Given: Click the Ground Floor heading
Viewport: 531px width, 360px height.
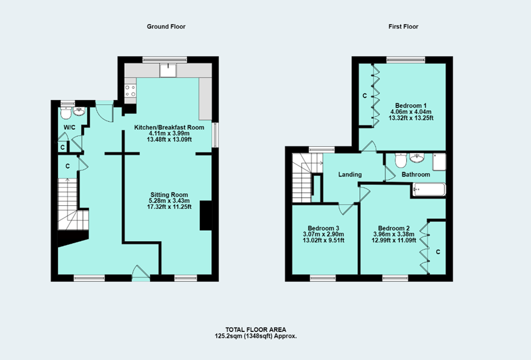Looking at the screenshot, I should [x=166, y=27].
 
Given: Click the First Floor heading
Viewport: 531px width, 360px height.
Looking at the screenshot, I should [x=403, y=27].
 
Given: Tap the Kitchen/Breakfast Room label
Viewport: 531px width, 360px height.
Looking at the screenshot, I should [x=166, y=127].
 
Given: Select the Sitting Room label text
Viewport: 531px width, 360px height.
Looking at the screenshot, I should [x=171, y=194].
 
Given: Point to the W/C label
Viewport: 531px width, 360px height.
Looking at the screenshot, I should [x=69, y=127].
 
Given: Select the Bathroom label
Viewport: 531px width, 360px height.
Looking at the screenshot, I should [x=415, y=174].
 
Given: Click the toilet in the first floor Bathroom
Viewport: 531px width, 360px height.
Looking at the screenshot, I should [x=400, y=160].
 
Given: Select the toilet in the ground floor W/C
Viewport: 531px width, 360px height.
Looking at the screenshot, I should [x=66, y=114].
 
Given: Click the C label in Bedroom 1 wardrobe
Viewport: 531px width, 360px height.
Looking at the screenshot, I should [x=364, y=96].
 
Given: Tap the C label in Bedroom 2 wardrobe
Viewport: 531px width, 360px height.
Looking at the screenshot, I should [x=438, y=251].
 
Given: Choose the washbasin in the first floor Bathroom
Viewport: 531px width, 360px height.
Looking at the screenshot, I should [x=418, y=158].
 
